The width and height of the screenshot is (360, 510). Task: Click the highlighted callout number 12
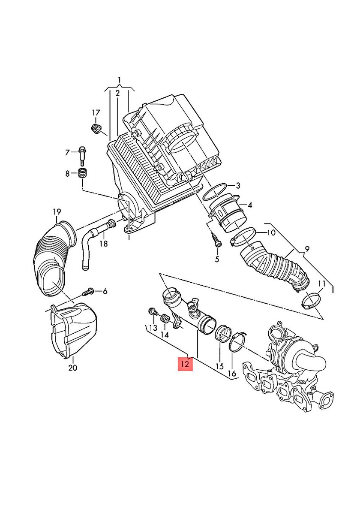pos(186,364)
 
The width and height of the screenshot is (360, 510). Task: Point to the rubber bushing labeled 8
pos(82,174)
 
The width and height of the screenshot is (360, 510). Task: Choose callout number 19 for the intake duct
pos(57,211)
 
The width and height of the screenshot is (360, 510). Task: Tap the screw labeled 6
pos(88,292)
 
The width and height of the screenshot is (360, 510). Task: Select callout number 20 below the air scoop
pos(73,368)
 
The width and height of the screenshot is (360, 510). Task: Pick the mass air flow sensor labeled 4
pos(229,214)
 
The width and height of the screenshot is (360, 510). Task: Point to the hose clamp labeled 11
pos(310,300)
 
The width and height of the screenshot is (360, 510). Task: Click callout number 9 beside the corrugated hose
pos(306,248)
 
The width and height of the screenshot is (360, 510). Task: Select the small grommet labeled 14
pos(163,319)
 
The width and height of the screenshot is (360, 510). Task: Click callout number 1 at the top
pos(120,80)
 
